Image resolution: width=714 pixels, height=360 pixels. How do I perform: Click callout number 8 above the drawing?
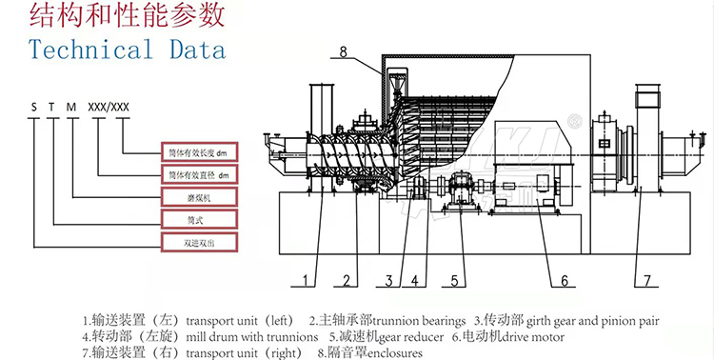(344, 52)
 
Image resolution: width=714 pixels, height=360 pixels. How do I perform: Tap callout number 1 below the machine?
(306, 281)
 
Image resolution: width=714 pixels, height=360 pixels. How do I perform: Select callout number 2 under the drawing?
(347, 281)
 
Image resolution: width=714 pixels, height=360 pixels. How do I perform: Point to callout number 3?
(388, 281)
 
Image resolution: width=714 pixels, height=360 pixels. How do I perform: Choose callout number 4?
(415, 281)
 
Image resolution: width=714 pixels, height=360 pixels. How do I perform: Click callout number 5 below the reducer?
(454, 281)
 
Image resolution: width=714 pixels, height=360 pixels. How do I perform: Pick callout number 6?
(565, 281)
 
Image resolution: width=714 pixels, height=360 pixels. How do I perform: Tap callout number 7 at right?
(647, 281)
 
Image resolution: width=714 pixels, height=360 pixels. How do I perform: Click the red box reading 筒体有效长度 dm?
(200, 152)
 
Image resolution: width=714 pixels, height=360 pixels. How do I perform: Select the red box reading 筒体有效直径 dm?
(200, 175)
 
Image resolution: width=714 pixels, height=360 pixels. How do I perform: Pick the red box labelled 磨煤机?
(200, 198)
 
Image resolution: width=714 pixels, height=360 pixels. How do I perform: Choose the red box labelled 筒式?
(200, 220)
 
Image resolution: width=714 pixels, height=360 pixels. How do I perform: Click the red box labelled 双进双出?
(200, 243)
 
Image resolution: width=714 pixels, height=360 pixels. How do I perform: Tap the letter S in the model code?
(33, 107)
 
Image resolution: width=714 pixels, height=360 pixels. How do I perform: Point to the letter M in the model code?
(71, 107)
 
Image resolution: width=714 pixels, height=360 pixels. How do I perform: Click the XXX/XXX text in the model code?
(109, 107)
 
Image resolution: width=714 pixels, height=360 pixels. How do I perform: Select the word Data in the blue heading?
(198, 50)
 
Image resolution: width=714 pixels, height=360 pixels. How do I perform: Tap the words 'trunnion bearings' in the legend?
(420, 321)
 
